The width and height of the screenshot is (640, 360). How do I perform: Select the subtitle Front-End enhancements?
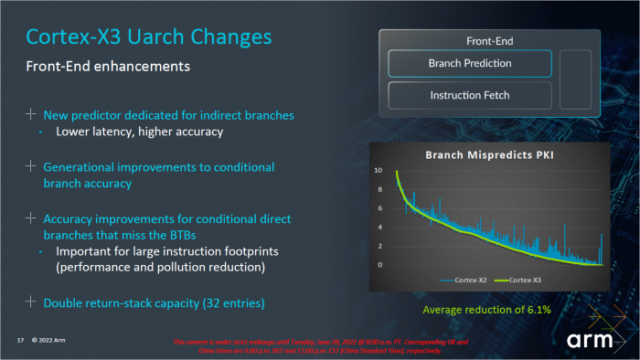[x=108, y=67]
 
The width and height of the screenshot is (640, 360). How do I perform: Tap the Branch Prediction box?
[x=470, y=63]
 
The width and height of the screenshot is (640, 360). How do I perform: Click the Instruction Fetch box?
[x=470, y=95]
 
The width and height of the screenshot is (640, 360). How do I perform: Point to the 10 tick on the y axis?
[x=378, y=171]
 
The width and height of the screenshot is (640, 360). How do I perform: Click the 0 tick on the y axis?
[x=379, y=265]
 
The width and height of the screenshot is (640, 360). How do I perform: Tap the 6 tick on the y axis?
[x=379, y=208]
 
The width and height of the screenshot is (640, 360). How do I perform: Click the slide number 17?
[x=19, y=341]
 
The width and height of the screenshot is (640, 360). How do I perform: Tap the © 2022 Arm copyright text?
[x=48, y=341]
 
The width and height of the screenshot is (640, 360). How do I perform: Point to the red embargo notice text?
[x=320, y=344]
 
